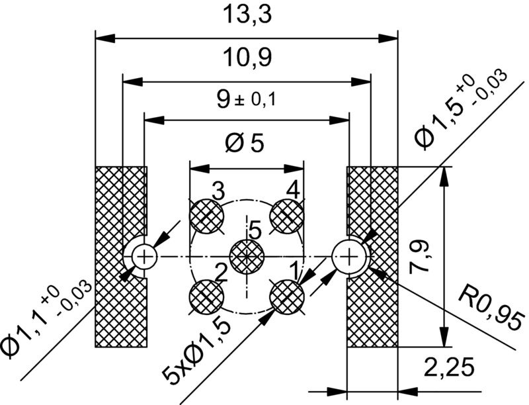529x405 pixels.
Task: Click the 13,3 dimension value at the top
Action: pyautogui.click(x=246, y=15)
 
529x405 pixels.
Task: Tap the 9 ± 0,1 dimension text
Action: pyautogui.click(x=246, y=99)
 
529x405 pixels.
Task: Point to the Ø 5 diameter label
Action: pyautogui.click(x=246, y=142)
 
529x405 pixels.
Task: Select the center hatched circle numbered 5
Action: pyautogui.click(x=246, y=256)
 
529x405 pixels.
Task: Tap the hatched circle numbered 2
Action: pyautogui.click(x=206, y=296)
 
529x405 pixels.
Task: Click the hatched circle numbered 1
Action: pyautogui.click(x=287, y=296)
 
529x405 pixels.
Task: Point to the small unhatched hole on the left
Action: pyautogui.click(x=143, y=255)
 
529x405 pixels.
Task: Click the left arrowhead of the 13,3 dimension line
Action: pyautogui.click(x=103, y=38)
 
